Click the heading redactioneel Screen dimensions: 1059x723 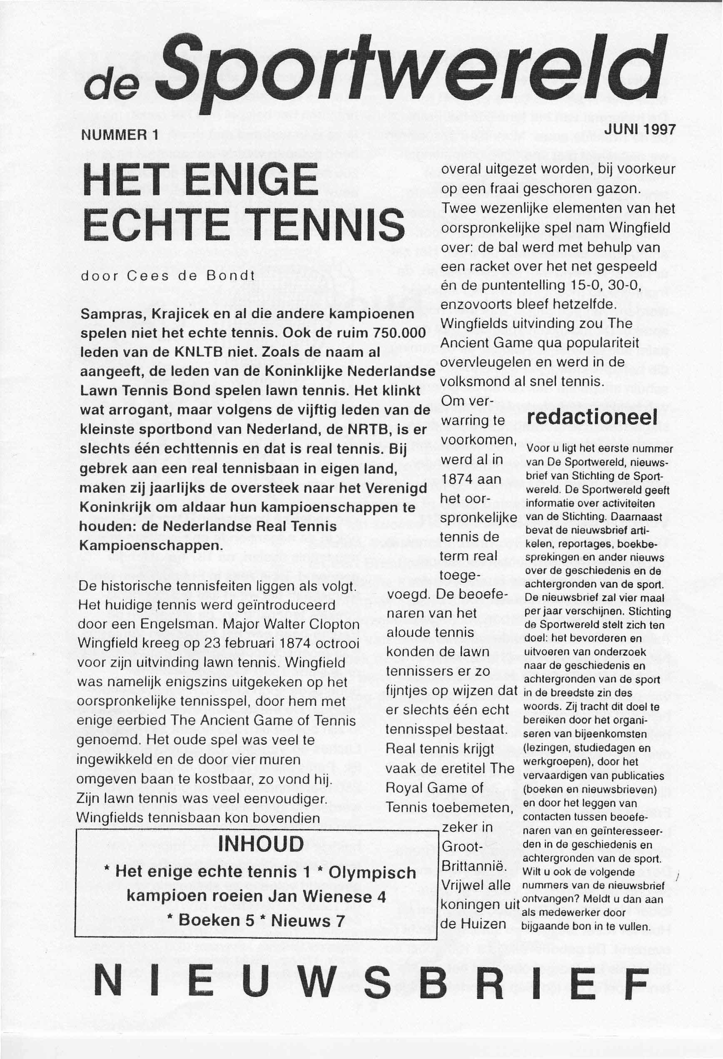click(x=592, y=418)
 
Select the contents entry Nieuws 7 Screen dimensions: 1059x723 click(x=308, y=920)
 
